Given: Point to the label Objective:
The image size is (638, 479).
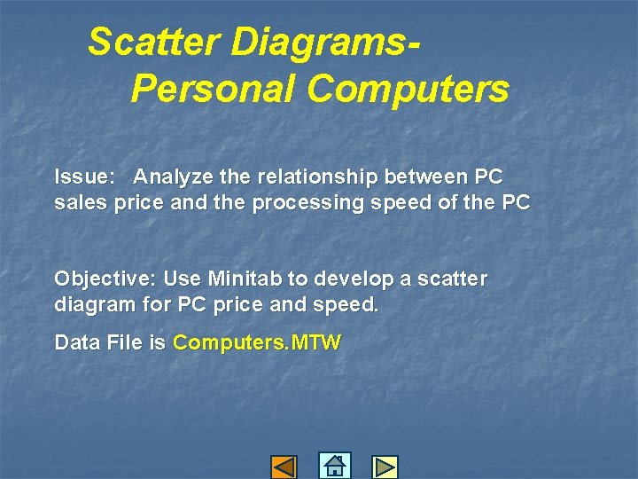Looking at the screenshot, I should (105, 279).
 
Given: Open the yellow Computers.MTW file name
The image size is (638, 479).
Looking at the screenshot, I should (257, 342).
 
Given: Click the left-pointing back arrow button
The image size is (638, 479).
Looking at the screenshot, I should (284, 467).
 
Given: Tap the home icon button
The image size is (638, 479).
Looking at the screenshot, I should (334, 466).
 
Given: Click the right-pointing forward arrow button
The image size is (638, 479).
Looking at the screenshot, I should (385, 467).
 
